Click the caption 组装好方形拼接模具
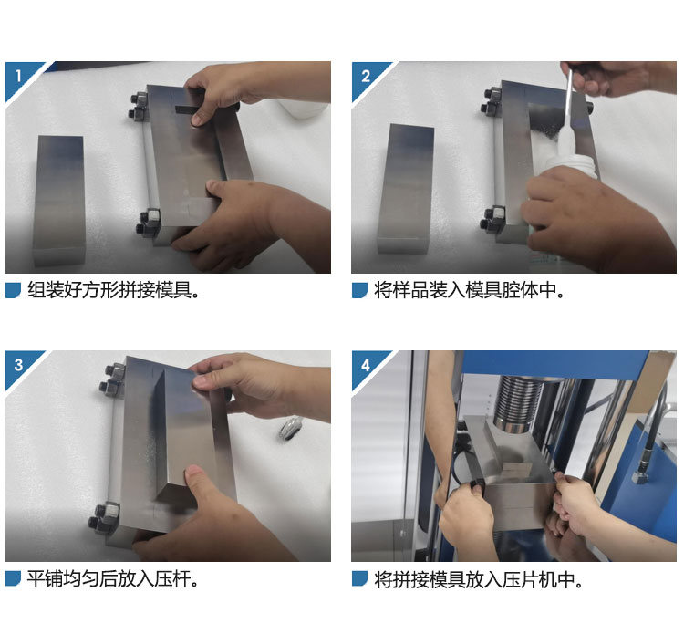(x=113, y=290)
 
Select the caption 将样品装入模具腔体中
(x=469, y=290)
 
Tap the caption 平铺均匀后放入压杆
(x=112, y=579)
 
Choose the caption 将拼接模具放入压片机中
(x=478, y=580)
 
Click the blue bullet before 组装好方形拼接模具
(x=13, y=291)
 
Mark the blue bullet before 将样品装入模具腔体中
(x=359, y=291)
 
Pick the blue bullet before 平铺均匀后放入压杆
(x=13, y=579)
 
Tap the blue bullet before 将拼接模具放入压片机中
(x=359, y=579)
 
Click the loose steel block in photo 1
(x=59, y=201)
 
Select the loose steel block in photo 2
(x=406, y=189)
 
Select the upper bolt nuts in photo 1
(x=139, y=106)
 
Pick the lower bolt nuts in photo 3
(x=104, y=517)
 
